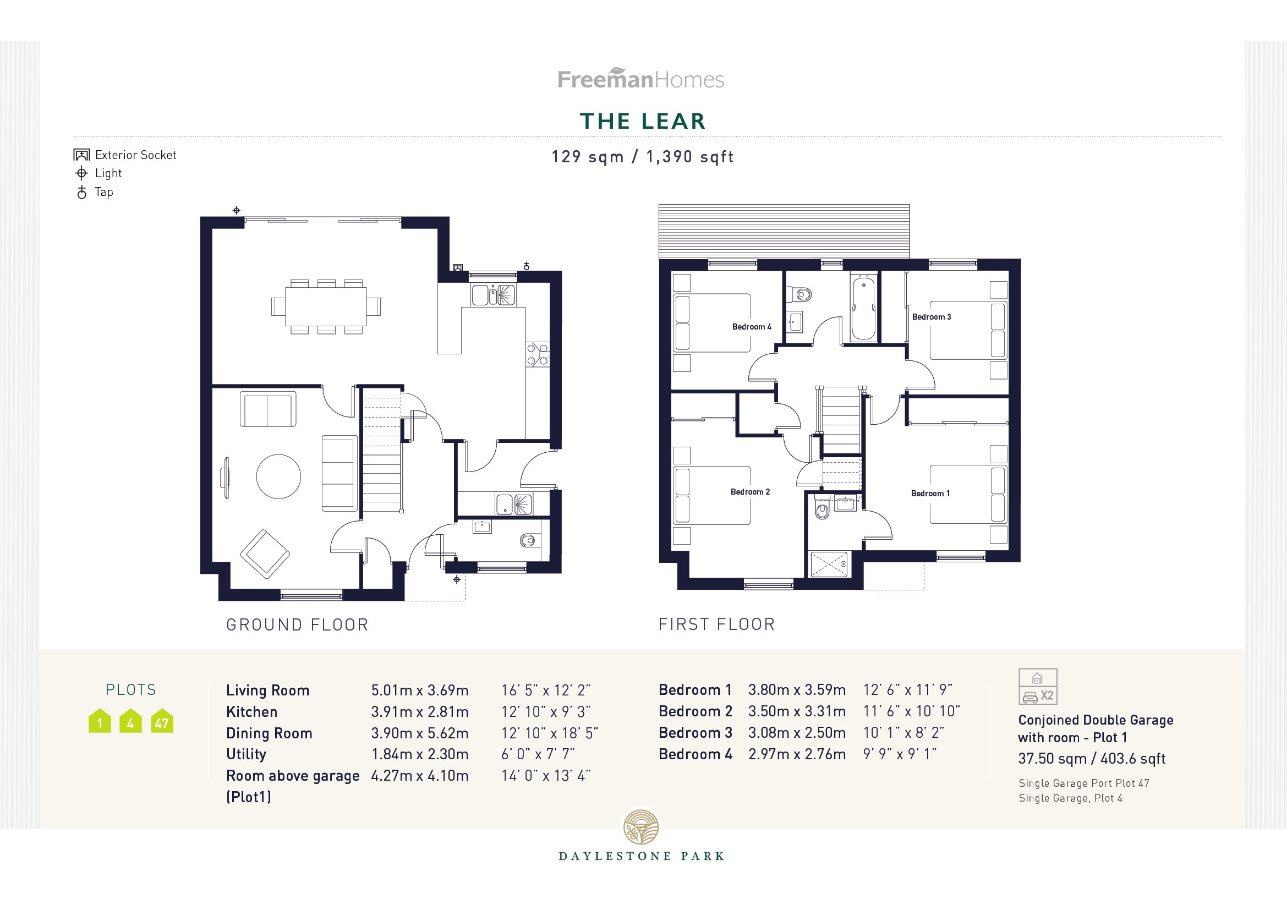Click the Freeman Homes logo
pyautogui.click(x=640, y=79)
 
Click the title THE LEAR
pyautogui.click(x=642, y=121)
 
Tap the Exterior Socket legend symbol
pyautogui.click(x=82, y=155)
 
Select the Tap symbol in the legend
pyautogui.click(x=82, y=193)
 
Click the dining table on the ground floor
pyautogui.click(x=326, y=306)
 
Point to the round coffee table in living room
pyautogui.click(x=278, y=477)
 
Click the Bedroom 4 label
pyautogui.click(x=751, y=327)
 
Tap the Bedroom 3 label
pyautogui.click(x=931, y=317)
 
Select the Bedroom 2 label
pyautogui.click(x=749, y=492)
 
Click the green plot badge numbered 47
pyautogui.click(x=162, y=722)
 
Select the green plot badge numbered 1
pyautogui.click(x=100, y=722)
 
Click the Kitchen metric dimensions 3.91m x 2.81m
pyautogui.click(x=419, y=712)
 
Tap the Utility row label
pyautogui.click(x=246, y=754)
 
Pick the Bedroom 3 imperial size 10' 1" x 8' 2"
pyautogui.click(x=903, y=733)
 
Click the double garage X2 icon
pyautogui.click(x=1038, y=687)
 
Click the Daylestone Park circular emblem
pyautogui.click(x=642, y=827)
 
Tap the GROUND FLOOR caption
pyautogui.click(x=297, y=625)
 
